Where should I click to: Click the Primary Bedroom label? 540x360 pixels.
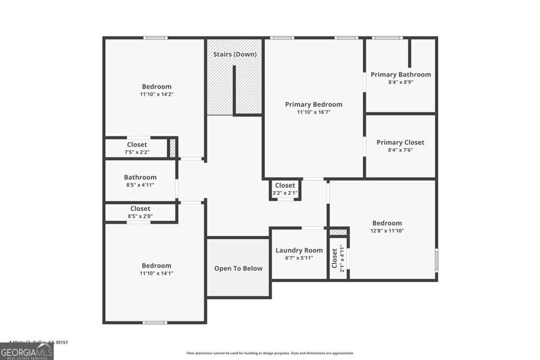click(313, 104)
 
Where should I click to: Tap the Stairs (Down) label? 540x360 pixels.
click(235, 54)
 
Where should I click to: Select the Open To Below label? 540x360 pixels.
click(238, 268)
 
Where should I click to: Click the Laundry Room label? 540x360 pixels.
click(299, 250)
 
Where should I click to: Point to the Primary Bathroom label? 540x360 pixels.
click(400, 74)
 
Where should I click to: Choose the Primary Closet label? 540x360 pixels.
click(400, 142)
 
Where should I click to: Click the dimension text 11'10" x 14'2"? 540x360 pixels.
click(157, 94)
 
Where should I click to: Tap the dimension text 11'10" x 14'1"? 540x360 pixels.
click(157, 274)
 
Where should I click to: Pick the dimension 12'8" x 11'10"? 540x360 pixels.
click(387, 231)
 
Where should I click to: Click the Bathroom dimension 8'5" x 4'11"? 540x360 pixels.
click(140, 185)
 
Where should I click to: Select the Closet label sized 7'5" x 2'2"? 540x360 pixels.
click(137, 144)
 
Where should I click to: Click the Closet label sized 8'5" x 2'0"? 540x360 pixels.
click(140, 209)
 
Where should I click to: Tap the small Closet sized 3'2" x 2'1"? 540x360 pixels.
click(285, 186)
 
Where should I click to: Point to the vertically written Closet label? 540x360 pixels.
click(334, 258)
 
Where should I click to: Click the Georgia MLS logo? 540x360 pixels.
click(26, 352)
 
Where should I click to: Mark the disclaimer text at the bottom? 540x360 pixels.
click(270, 353)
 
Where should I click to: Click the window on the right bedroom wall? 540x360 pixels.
click(436, 261)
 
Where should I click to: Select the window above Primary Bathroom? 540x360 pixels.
click(388, 38)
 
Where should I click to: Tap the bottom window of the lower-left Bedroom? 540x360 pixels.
click(156, 323)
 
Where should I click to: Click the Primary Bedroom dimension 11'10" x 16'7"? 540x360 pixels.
click(313, 112)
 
